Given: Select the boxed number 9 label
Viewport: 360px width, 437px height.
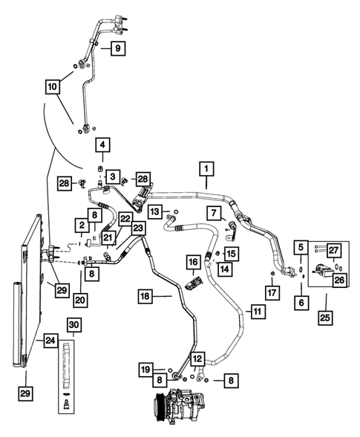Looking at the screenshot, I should click(x=117, y=49).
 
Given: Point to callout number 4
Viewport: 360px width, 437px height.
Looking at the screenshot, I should click(x=102, y=145).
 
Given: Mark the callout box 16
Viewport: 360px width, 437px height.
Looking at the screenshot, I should click(x=192, y=262).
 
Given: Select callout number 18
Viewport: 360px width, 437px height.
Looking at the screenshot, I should click(x=145, y=297).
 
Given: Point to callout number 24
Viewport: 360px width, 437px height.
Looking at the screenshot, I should click(x=49, y=341).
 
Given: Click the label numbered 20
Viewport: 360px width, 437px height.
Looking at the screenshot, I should click(x=80, y=300).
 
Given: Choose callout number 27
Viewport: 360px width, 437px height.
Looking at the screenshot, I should click(x=333, y=249).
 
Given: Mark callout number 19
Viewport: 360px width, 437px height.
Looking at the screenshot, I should click(x=147, y=367).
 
